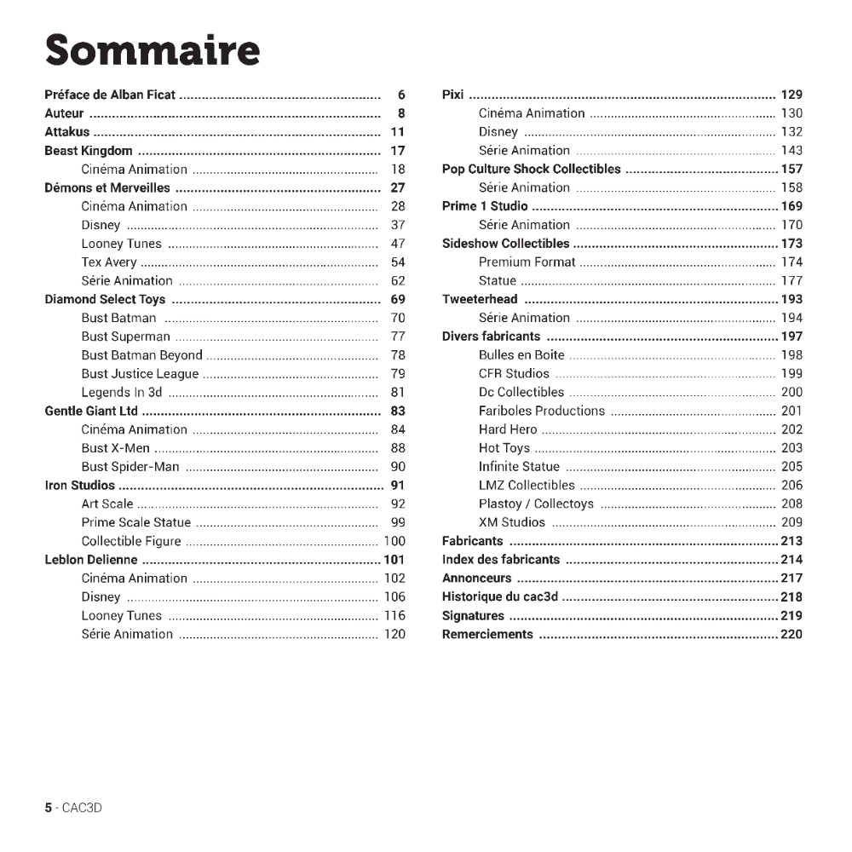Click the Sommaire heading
click(153, 50)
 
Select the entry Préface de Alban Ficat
click(110, 95)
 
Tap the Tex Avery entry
click(109, 262)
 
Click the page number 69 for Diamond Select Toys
click(398, 300)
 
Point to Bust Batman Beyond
click(141, 355)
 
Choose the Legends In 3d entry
click(121, 393)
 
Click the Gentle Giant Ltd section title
click(91, 412)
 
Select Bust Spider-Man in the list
click(130, 467)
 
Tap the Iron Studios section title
click(79, 486)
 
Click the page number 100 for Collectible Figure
click(394, 541)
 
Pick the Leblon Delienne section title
click(91, 560)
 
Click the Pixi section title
click(452, 95)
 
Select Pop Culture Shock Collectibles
click(532, 169)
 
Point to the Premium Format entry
click(527, 262)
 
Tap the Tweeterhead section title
click(480, 300)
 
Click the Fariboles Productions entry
click(541, 411)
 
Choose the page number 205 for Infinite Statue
click(792, 467)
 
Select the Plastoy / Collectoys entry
click(536, 504)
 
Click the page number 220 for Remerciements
click(792, 634)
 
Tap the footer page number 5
click(49, 808)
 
